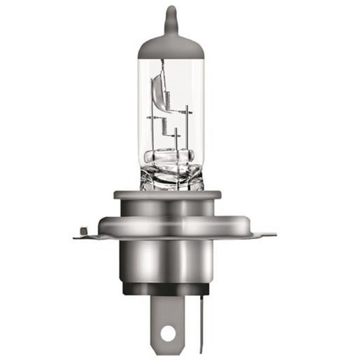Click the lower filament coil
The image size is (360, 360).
(x=164, y=127)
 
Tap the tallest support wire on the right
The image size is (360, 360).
(x=187, y=130)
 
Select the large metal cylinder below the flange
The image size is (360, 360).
(x=167, y=260)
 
